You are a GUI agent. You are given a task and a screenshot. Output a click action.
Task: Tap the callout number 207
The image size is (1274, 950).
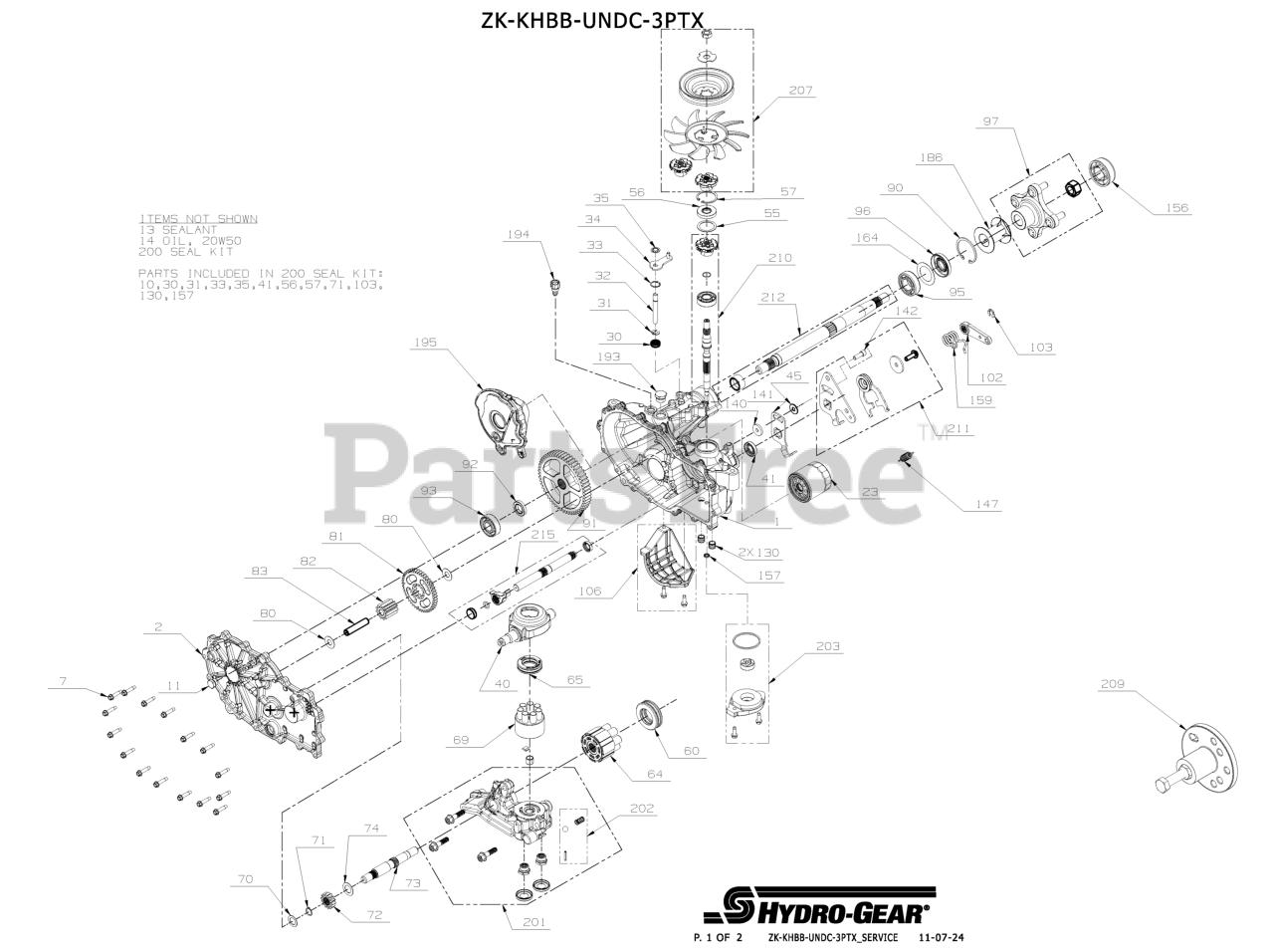[x=800, y=91]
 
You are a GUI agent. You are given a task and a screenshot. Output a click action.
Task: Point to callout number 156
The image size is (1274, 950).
[x=1176, y=208]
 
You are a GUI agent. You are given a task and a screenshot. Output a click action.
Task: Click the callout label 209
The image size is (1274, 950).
[x=1114, y=684]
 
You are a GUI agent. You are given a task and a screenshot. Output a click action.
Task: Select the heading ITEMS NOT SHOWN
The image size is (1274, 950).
[x=198, y=218]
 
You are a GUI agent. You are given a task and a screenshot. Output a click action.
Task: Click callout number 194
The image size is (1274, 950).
[x=518, y=235]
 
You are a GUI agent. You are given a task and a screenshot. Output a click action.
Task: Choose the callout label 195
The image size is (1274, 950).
[x=426, y=342]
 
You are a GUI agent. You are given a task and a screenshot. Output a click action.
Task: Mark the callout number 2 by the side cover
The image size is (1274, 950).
[x=157, y=627]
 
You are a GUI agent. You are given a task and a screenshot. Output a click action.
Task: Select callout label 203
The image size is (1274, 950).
[x=826, y=646]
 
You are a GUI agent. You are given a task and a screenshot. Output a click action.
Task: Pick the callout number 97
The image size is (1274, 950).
[x=990, y=120]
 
